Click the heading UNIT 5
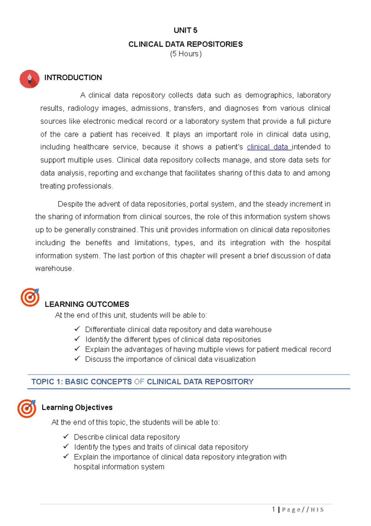[x=185, y=30]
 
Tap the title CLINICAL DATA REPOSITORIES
[x=185, y=44]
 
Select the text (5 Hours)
[x=185, y=54]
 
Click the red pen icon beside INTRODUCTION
[x=29, y=79]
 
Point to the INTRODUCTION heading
[x=73, y=77]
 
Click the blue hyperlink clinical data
[x=268, y=147]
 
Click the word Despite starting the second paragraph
[x=70, y=204]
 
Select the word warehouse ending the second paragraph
[x=53, y=269]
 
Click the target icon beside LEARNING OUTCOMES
[x=30, y=297]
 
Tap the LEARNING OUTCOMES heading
[x=87, y=304]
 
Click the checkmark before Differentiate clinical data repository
[x=77, y=329]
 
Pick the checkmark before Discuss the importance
[x=77, y=358]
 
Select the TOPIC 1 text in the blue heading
[x=47, y=382]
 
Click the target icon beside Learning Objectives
[x=27, y=408]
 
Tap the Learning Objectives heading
[x=77, y=407]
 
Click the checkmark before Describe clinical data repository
[x=66, y=436]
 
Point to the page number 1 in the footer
[x=274, y=509]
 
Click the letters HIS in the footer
[x=317, y=510]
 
